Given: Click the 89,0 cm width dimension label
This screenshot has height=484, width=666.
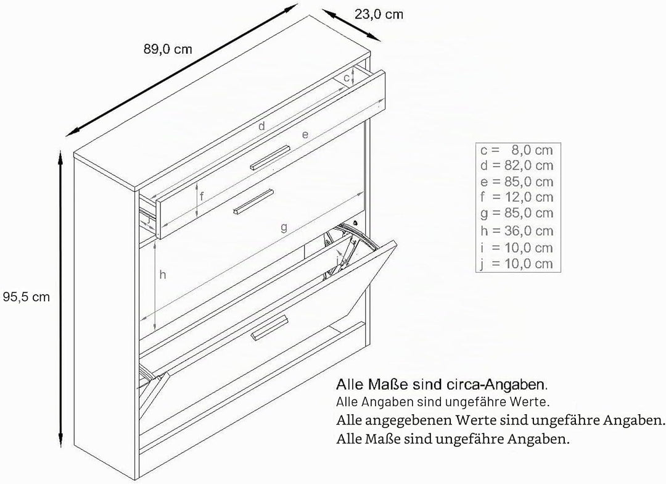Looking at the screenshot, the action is [168, 49].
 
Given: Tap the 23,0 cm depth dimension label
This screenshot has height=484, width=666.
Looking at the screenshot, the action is [379, 14].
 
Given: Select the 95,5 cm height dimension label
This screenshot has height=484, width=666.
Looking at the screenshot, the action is [27, 296].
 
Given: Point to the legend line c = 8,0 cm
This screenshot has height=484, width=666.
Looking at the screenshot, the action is [517, 150].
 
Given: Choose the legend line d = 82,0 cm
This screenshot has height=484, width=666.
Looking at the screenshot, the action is [517, 165].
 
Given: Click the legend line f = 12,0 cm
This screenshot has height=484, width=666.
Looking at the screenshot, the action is [517, 198].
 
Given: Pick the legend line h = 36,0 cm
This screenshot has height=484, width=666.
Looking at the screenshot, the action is [517, 231].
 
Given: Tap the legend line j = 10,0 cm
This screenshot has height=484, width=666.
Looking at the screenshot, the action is [517, 264].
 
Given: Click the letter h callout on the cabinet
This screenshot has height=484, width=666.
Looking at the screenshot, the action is [163, 275].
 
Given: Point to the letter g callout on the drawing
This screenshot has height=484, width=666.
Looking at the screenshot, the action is [284, 228].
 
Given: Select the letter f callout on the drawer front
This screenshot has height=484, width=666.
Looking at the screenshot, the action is [202, 197].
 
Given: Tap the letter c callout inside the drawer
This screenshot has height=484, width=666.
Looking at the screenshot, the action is [346, 78].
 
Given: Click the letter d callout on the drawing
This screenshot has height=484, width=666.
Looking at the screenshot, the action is [261, 125].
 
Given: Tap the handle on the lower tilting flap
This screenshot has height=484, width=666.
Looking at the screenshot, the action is [270, 327].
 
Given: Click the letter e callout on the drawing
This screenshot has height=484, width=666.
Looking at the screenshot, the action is [305, 135].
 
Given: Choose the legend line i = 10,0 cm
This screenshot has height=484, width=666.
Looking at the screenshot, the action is [517, 248].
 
